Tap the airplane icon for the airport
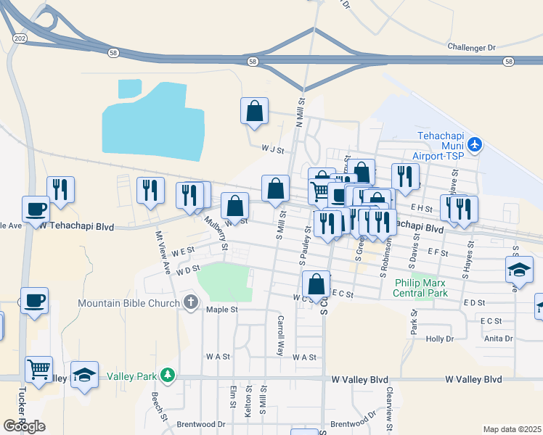[475, 144]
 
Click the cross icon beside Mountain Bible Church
[191, 302]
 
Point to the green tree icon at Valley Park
[168, 375]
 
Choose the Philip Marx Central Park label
[421, 288]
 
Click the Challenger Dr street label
[471, 47]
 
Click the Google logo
[24, 426]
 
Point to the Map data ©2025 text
[512, 429]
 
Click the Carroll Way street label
[279, 334]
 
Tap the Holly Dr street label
[439, 339]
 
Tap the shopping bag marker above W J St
[254, 111]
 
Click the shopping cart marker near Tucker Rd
[39, 368]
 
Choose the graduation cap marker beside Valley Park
[84, 376]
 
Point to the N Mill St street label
[299, 112]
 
